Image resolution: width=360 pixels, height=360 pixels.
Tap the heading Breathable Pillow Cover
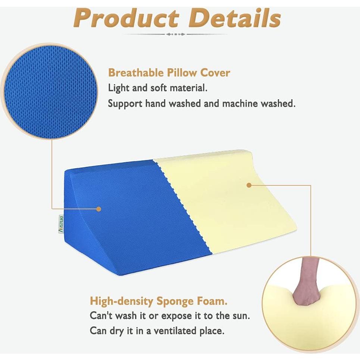click(169, 72)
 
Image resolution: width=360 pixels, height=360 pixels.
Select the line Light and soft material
click(157, 88)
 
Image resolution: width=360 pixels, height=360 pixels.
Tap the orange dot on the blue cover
click(98, 209)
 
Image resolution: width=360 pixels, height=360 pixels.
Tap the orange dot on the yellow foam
click(249, 184)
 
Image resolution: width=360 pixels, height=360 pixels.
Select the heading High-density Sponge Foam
click(159, 300)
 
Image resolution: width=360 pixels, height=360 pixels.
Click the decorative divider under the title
click(175, 34)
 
